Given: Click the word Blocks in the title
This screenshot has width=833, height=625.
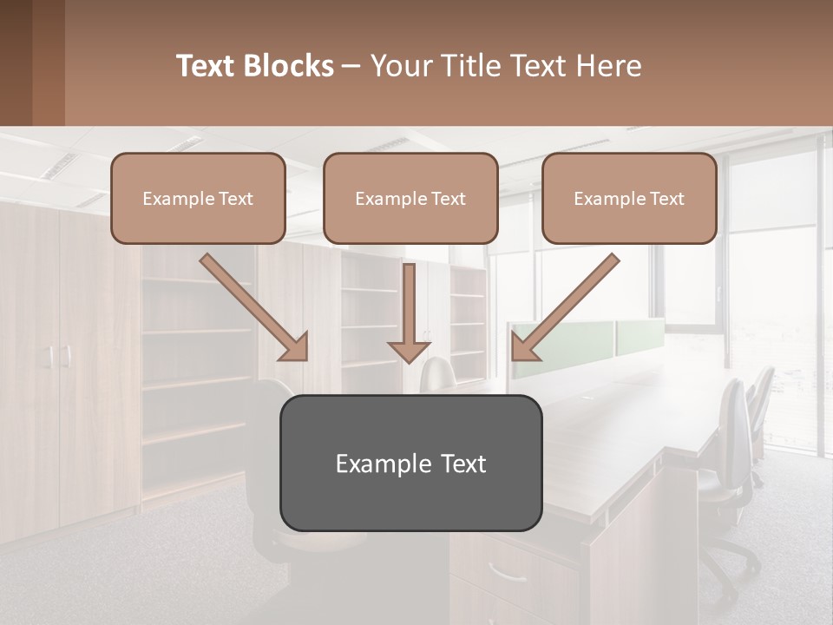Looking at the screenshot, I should coord(290,66).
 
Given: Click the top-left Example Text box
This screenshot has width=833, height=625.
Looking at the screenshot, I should coord(198,199).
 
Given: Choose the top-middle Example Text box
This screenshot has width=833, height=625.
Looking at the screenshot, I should coord(410,199).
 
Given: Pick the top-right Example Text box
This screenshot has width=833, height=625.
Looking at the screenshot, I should coord(629,199).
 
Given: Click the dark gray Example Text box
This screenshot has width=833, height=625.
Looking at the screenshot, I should coord(410,463).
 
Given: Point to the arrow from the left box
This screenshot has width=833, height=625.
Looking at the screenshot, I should coord(253,306).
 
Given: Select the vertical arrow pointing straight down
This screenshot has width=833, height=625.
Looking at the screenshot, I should coord(409,312).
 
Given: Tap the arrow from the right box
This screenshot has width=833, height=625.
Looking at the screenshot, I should coord(566,306).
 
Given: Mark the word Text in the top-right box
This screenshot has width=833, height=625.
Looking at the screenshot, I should coord(667,199).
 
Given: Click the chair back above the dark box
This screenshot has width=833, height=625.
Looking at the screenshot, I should coord(439,375).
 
